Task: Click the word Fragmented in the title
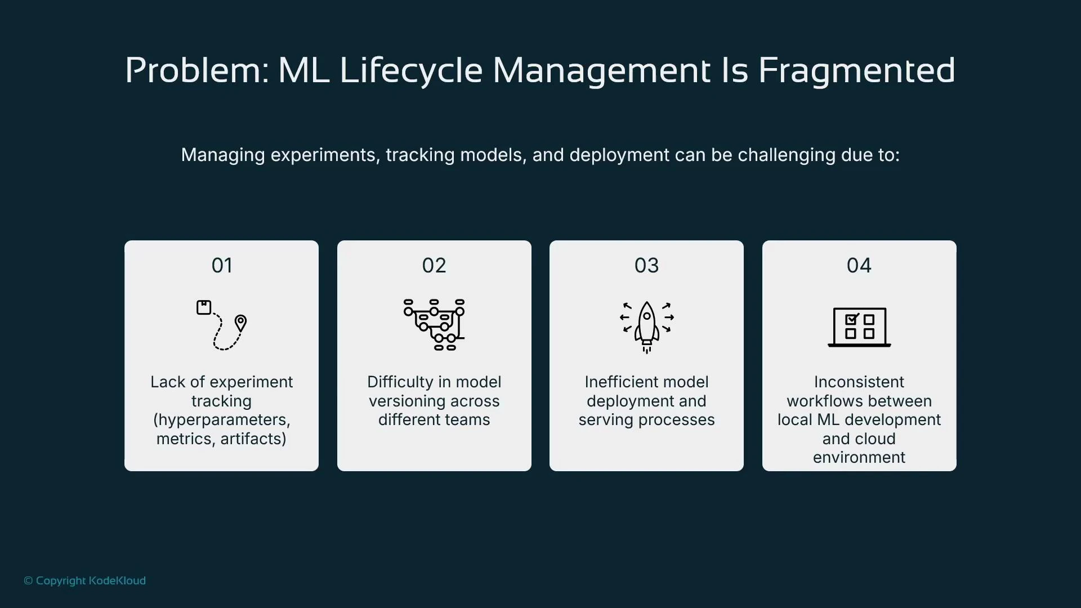click(856, 70)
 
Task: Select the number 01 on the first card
click(222, 265)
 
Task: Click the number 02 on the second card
click(434, 265)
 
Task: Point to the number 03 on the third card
click(646, 265)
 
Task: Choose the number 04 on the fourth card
click(859, 265)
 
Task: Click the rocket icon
click(647, 326)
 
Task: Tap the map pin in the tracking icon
click(240, 323)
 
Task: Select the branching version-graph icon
click(434, 325)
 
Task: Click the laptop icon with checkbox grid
click(859, 327)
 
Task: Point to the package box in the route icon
click(204, 307)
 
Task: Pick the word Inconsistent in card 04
click(859, 382)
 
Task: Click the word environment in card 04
click(859, 457)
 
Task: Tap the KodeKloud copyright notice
click(85, 580)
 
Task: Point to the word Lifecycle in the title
click(411, 70)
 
